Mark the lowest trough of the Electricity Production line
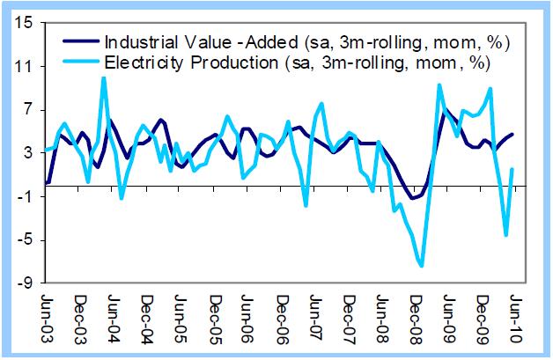click(x=423, y=265)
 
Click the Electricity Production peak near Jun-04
click(x=104, y=78)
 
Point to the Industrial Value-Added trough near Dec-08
click(x=412, y=199)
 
